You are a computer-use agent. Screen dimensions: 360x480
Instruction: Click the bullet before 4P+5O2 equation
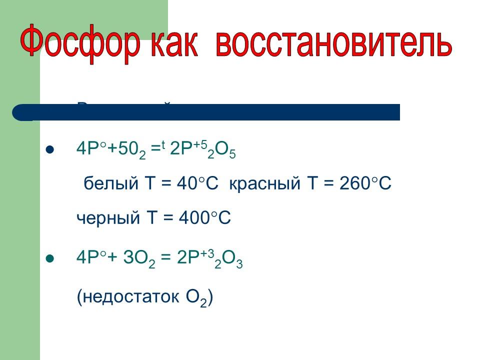[49, 149]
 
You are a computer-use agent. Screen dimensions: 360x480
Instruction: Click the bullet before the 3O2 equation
[49, 259]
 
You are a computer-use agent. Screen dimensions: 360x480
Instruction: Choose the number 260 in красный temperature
[353, 183]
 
